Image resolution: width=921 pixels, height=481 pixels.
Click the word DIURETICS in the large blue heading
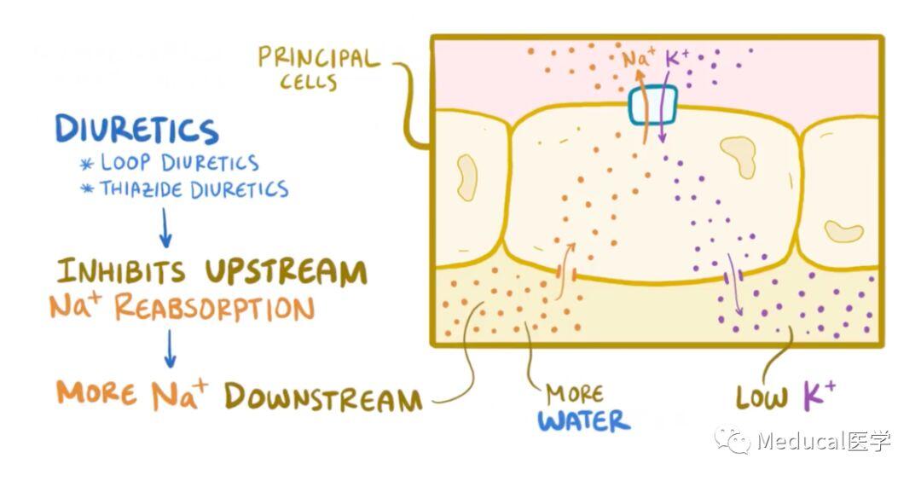(136, 130)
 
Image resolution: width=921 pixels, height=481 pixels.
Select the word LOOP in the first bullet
(125, 162)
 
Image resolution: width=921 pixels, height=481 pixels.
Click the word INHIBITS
(121, 271)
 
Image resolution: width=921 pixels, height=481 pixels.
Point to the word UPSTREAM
(286, 272)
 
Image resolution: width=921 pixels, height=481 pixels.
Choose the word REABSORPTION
(214, 307)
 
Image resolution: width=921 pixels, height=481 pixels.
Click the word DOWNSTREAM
(323, 397)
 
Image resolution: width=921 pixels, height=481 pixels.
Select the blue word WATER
(584, 421)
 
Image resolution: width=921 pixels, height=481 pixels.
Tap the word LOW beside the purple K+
(762, 397)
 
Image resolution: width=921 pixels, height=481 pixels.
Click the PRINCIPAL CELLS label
(319, 69)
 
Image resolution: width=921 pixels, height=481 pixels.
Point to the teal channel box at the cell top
(652, 105)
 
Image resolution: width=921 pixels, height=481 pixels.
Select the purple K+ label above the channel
(676, 58)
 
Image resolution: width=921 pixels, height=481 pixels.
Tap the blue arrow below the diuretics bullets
(165, 228)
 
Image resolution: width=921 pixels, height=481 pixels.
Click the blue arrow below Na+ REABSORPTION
(170, 348)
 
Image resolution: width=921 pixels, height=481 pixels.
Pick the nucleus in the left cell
(467, 177)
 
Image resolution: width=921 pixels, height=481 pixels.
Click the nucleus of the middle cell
(739, 155)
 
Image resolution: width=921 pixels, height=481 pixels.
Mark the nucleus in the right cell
(844, 231)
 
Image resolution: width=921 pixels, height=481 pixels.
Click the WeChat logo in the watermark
(733, 440)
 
